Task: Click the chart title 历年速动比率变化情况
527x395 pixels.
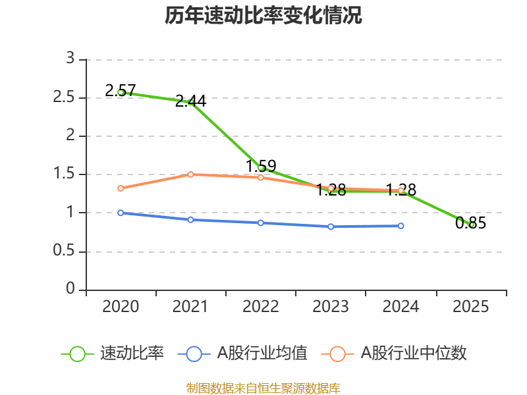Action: pyautogui.click(x=263, y=15)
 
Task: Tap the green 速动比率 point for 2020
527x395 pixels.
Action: pyautogui.click(x=121, y=93)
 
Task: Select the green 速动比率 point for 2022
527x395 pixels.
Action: pyautogui.click(x=261, y=168)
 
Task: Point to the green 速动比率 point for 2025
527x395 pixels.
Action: pyautogui.click(x=472, y=225)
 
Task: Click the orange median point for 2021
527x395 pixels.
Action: pyautogui.click(x=190, y=174)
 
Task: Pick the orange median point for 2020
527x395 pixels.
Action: pyautogui.click(x=121, y=188)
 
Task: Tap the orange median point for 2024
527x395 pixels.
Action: pyautogui.click(x=401, y=191)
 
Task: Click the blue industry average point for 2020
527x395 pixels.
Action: pyautogui.click(x=121, y=213)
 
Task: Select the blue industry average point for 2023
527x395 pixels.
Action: pyautogui.click(x=331, y=226)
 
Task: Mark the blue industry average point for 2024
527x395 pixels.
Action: pyautogui.click(x=401, y=226)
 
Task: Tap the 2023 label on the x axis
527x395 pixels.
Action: pyautogui.click(x=331, y=307)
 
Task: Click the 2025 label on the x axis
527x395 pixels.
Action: pyautogui.click(x=471, y=307)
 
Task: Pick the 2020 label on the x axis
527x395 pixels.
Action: pyautogui.click(x=121, y=307)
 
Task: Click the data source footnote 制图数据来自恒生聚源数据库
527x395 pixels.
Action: pyautogui.click(x=263, y=388)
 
